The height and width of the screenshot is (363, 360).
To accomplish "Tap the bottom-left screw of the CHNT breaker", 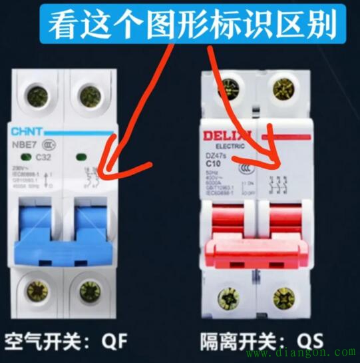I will (33, 290).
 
